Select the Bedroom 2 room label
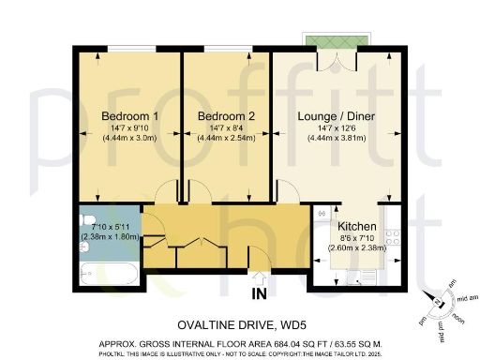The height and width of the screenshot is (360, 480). point(221,116)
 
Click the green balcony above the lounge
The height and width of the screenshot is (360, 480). point(333,43)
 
